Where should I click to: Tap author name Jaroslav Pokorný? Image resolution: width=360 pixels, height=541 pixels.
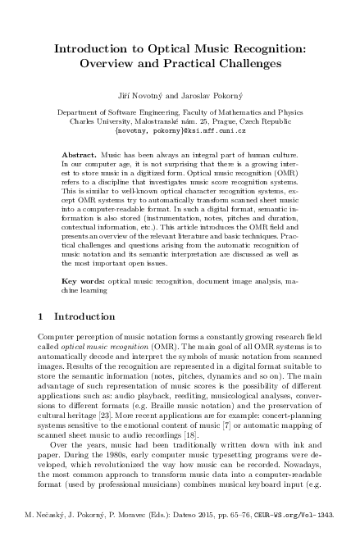[x=209, y=97]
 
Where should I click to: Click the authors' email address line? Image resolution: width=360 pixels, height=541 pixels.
[x=180, y=131]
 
